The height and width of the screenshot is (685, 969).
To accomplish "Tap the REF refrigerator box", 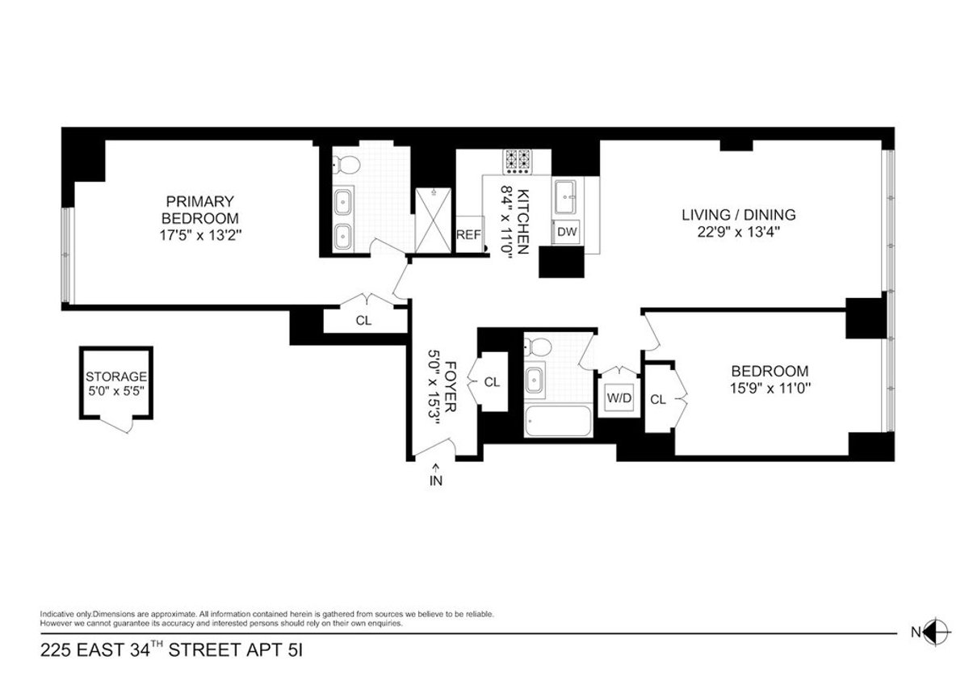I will click(x=468, y=235).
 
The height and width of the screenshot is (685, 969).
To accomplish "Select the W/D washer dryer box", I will click(x=619, y=397).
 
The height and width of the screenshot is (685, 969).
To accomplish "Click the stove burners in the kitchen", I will click(x=518, y=162).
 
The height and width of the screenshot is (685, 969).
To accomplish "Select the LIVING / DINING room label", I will click(x=738, y=215).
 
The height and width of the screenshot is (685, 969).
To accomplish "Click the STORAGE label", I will click(x=116, y=376).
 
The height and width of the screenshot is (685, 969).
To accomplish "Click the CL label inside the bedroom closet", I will click(x=658, y=399).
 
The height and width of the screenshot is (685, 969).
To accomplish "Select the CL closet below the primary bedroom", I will click(x=363, y=320).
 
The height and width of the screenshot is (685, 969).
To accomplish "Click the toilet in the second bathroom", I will click(x=538, y=347).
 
